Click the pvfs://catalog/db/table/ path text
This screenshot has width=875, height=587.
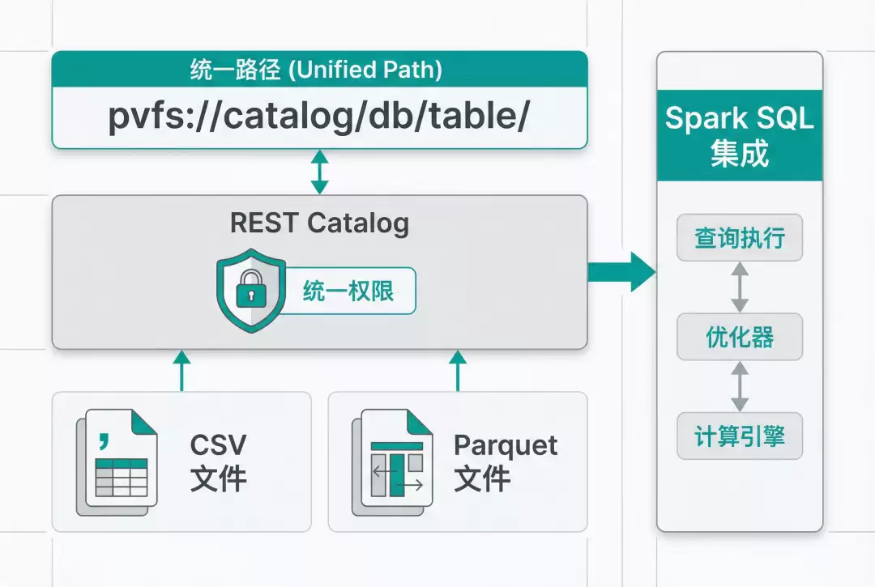tap(318, 117)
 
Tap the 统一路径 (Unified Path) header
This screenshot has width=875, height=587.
tap(318, 70)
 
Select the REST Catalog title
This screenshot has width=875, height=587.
tap(318, 223)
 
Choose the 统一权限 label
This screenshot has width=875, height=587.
tap(348, 291)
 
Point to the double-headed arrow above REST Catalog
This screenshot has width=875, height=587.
tap(320, 172)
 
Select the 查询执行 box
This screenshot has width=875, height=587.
tap(739, 239)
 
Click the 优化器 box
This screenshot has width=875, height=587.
tap(739, 337)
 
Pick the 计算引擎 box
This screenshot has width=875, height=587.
tap(739, 436)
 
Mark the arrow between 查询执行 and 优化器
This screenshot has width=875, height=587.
tap(739, 287)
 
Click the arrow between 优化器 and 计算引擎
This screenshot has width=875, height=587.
tap(739, 386)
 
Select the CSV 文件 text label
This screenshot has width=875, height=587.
tap(218, 462)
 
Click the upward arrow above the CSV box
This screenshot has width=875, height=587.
tap(182, 372)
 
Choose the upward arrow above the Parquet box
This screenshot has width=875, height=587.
tap(458, 372)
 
